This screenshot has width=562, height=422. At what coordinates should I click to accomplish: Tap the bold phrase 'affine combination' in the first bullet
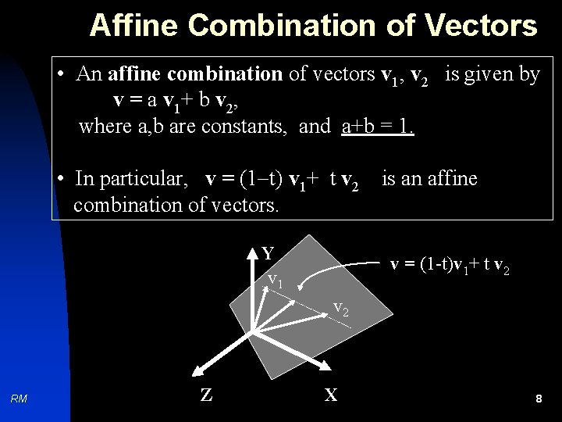195,74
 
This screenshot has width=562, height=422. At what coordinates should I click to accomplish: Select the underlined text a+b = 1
378,126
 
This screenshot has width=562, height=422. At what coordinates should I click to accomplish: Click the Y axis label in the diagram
268,253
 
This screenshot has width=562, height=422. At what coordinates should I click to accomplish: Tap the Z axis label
206,395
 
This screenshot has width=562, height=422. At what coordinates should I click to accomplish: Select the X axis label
331,395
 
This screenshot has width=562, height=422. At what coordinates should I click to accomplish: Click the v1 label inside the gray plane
274,279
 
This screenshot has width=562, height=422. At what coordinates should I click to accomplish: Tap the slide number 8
539,399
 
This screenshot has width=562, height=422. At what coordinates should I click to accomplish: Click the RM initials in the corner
20,399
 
